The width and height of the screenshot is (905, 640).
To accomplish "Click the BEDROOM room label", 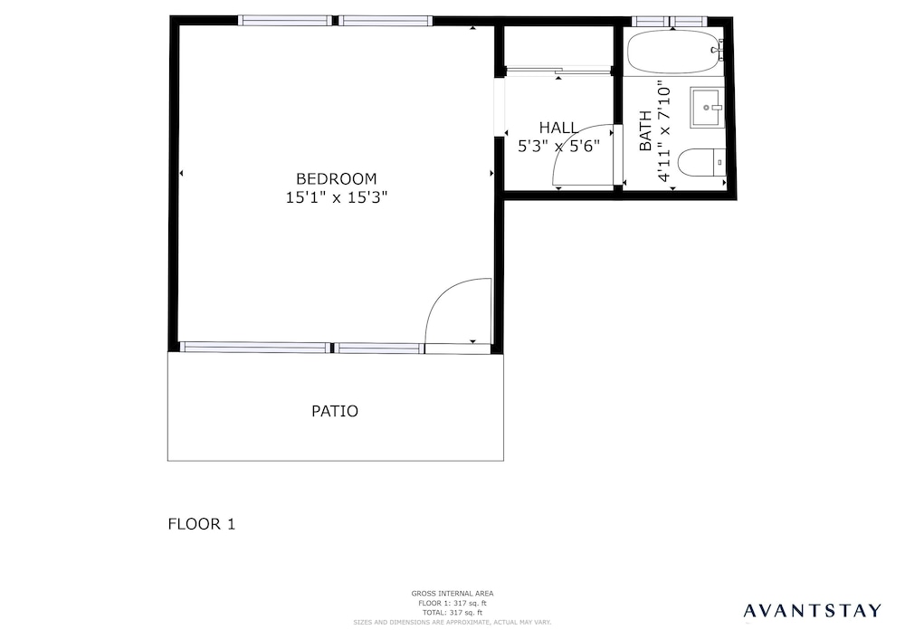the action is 336,179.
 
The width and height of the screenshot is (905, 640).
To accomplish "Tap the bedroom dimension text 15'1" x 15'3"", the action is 337,197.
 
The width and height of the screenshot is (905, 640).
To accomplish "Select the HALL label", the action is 558,128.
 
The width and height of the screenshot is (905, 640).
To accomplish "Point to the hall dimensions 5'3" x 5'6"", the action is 558,146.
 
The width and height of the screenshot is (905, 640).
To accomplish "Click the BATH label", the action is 645,130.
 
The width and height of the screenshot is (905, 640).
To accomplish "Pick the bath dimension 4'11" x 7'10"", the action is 664,130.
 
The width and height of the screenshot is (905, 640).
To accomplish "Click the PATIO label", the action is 335,411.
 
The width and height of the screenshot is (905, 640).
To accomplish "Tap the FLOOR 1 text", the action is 202,524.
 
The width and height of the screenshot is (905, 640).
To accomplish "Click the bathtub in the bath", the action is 672,52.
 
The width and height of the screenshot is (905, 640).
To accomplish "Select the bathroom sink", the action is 707,108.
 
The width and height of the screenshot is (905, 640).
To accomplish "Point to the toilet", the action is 700,163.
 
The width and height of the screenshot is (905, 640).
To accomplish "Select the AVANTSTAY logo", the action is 812,610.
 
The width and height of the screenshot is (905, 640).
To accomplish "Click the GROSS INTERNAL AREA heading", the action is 452,593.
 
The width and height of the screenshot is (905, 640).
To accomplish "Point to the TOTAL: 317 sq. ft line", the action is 452,613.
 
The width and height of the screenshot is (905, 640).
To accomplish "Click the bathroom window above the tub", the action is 669,22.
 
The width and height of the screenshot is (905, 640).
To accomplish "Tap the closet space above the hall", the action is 558,46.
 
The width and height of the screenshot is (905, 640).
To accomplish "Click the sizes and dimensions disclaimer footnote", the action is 452,623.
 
